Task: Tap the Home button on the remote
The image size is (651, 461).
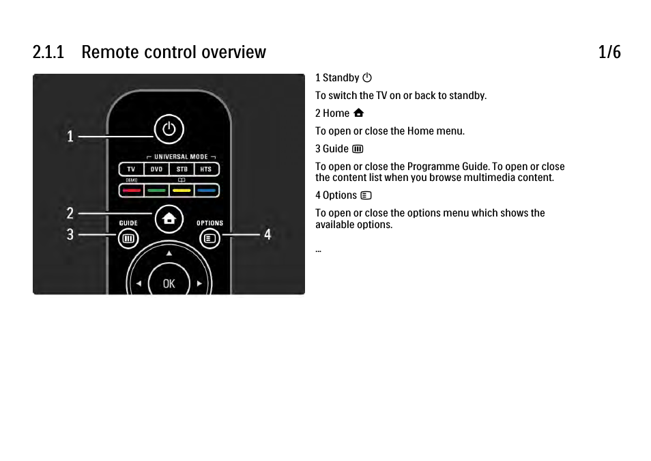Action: pos(169,219)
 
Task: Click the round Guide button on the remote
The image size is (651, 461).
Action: pos(128,238)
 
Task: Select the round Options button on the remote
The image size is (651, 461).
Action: pos(209,238)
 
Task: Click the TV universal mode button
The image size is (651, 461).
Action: pos(131,169)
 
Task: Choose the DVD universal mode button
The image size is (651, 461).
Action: pos(156,169)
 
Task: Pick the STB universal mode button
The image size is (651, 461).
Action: pos(182,169)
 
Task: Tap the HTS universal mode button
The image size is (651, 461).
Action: pos(206,169)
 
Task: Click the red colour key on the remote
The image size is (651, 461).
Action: pos(131,191)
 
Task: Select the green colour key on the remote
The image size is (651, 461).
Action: pos(156,191)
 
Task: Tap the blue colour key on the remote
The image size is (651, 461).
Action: pos(206,191)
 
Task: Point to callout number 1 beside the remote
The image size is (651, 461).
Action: pos(70,137)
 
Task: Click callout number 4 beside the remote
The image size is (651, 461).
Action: pos(267,234)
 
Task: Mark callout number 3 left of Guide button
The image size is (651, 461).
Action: pos(70,234)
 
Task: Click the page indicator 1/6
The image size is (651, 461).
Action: pos(609,52)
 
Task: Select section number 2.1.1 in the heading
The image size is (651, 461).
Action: pos(48,52)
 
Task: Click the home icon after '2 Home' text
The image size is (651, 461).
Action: pos(359,113)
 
